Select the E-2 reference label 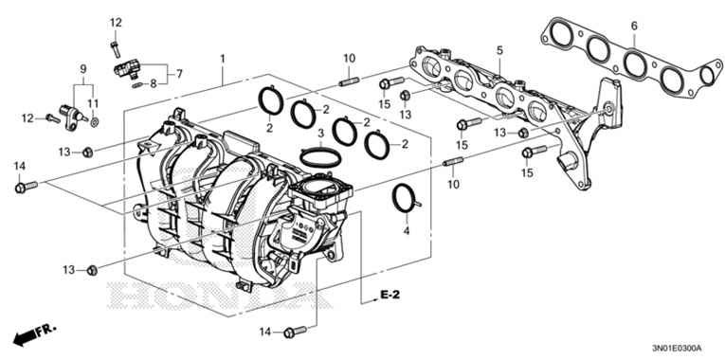click(x=390, y=297)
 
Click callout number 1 click(x=223, y=59)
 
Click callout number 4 click(x=407, y=230)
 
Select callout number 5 click(x=497, y=49)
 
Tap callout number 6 click(x=634, y=25)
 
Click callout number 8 click(x=154, y=82)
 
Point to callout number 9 click(x=82, y=69)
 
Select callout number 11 click(x=93, y=101)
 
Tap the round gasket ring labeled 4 click(x=406, y=198)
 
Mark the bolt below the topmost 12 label click(x=115, y=41)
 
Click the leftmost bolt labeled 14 click(x=22, y=188)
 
